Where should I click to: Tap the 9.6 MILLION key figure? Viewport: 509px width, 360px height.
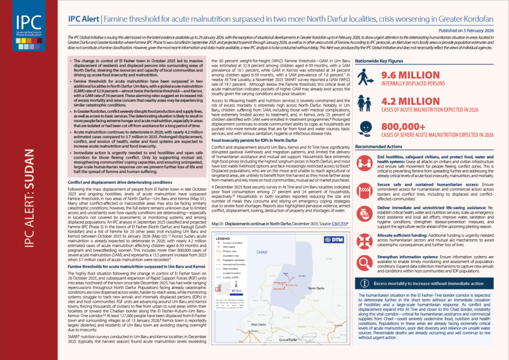(x=406, y=76)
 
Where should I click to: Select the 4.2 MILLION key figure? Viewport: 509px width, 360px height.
(x=406, y=101)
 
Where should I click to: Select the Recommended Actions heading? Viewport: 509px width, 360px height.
(x=378, y=148)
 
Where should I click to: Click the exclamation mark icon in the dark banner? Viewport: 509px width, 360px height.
(x=365, y=283)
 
